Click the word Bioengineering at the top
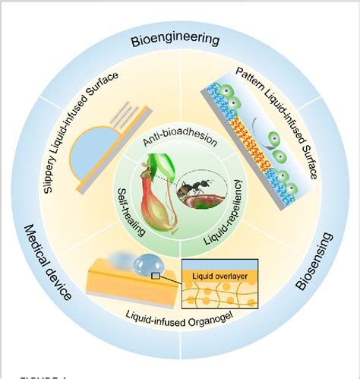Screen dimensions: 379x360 tap(179, 39)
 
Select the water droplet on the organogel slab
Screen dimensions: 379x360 tap(145, 265)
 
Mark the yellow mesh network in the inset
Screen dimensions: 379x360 tap(220, 300)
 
